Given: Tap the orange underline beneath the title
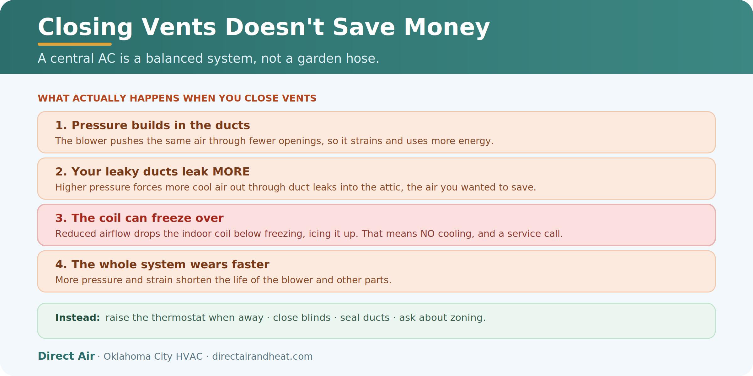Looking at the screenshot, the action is [75, 44].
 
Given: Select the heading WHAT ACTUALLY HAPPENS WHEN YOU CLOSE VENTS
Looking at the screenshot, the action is [177, 98].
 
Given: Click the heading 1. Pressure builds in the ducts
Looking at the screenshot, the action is [152, 125].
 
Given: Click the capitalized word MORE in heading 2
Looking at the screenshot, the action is [231, 172].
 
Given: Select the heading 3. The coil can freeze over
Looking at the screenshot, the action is [139, 218].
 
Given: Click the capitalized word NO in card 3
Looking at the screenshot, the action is [428, 234].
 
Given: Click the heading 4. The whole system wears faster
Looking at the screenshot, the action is [162, 264].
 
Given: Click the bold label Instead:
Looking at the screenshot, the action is [77, 318].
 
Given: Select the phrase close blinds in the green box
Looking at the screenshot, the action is [302, 318].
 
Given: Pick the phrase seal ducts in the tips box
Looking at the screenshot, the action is [365, 318].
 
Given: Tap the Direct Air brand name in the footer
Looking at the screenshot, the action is [66, 356].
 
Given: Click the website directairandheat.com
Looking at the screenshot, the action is [262, 357].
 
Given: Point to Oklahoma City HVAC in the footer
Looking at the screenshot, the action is [153, 357].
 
